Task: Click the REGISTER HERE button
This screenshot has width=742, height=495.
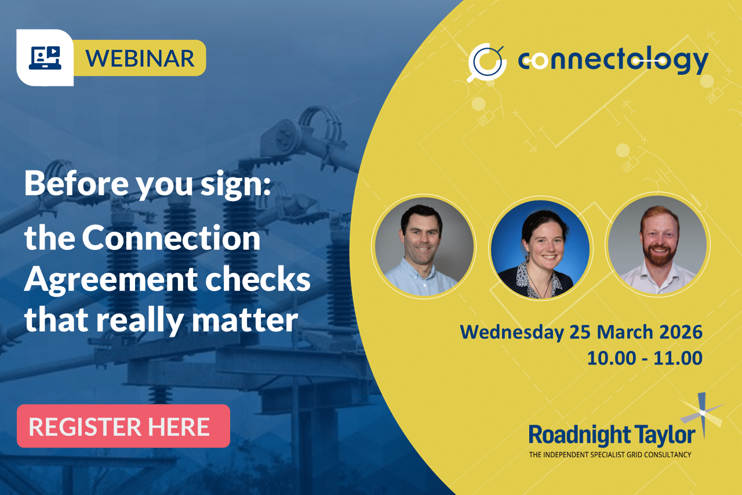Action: tap(123, 427)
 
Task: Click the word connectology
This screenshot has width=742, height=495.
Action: tap(613, 60)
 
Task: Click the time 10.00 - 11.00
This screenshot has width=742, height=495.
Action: tap(645, 358)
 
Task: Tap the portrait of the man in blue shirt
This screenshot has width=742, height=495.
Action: tap(424, 246)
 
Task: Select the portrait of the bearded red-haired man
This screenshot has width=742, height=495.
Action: tap(657, 246)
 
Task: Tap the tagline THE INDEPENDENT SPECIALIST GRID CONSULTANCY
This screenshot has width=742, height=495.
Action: tap(610, 455)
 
